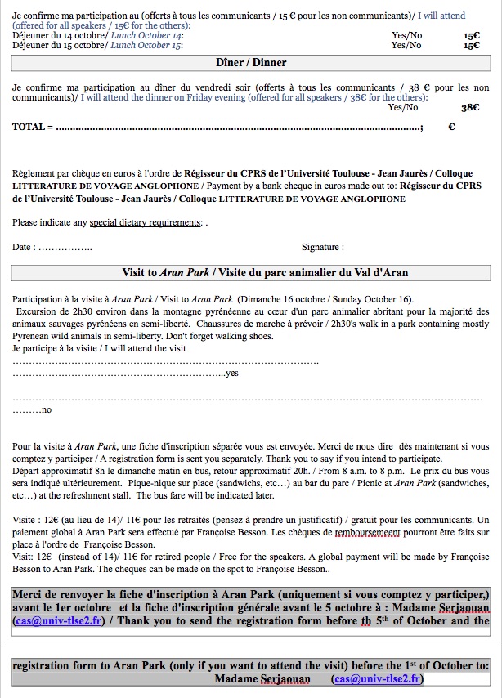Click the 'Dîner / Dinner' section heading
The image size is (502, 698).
coord(251,63)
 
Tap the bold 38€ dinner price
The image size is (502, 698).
coord(470,107)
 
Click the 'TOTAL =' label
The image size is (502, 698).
coord(33,127)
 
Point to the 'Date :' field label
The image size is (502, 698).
coord(24,247)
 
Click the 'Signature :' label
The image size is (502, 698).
coord(322,247)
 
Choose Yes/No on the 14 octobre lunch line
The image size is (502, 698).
coord(407,36)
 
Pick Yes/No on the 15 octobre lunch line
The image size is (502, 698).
coord(407,46)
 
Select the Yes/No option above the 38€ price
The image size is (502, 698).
coord(403,107)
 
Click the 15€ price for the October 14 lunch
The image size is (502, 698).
coord(472,36)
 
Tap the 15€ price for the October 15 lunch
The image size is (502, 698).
coord(472,46)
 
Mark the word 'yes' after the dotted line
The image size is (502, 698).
coord(231,373)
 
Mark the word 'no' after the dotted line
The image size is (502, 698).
coord(46,409)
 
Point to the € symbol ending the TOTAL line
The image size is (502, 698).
coord(451,127)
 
